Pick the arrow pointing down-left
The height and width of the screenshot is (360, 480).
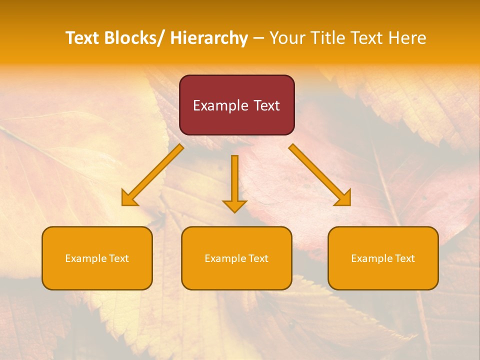pos(152,174)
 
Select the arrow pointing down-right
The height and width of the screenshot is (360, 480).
pos(320,174)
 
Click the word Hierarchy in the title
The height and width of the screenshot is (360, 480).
pos(209,38)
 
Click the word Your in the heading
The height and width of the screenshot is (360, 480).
pos(286,38)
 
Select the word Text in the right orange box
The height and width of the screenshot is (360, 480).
pos(405,258)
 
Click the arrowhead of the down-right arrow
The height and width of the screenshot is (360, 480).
pos(344,199)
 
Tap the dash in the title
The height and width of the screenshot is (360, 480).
pos(258,38)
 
